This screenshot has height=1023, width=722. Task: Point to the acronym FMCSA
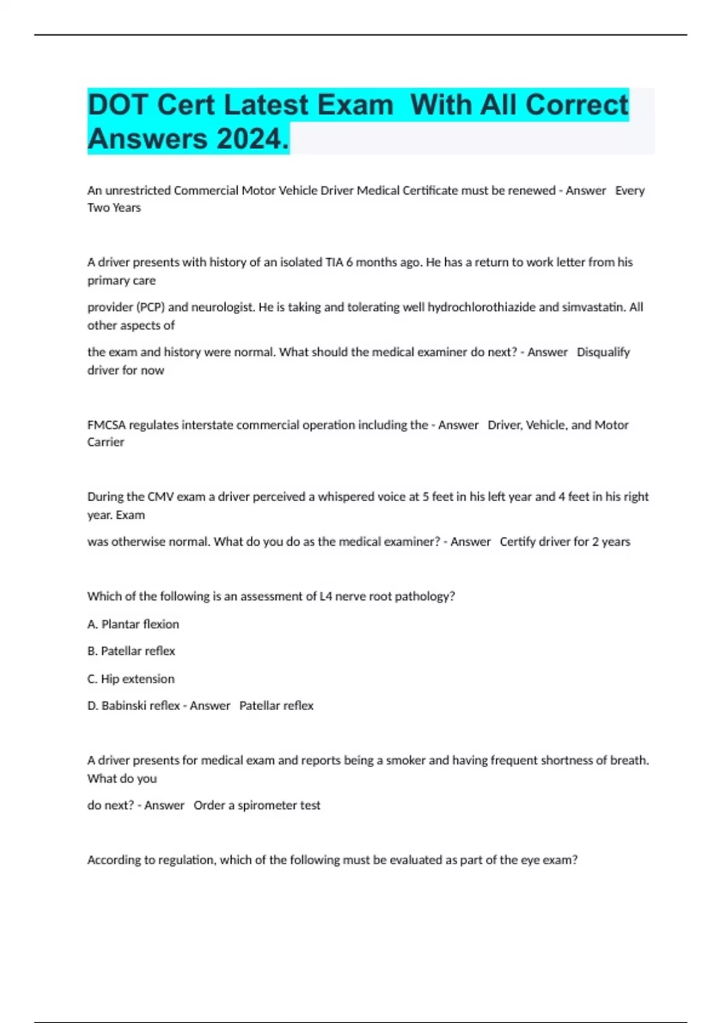coord(106,425)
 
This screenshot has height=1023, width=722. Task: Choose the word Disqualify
coord(603,352)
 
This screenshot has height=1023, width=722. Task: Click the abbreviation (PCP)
coord(147,307)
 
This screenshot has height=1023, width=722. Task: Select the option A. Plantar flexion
coord(133,624)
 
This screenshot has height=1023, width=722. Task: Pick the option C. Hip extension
coord(131,679)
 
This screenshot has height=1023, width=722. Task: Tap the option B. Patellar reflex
coord(131,651)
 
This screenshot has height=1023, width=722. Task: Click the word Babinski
coord(123,705)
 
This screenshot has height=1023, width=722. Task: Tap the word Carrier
coord(106,442)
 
